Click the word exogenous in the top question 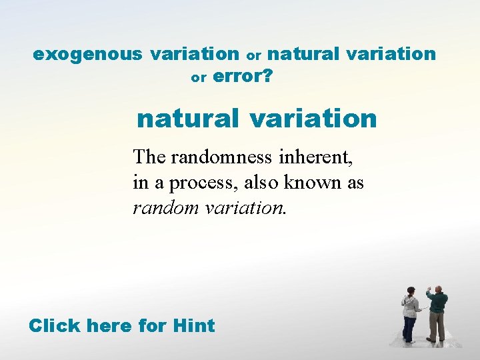tap(88, 54)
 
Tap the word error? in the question tap(243, 77)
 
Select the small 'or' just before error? tap(199, 78)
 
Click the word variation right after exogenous tap(195, 54)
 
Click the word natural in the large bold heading tap(187, 119)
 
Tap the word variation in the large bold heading tap(313, 119)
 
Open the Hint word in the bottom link tap(193, 326)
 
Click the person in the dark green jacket tap(437, 313)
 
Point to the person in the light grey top tap(409, 313)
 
